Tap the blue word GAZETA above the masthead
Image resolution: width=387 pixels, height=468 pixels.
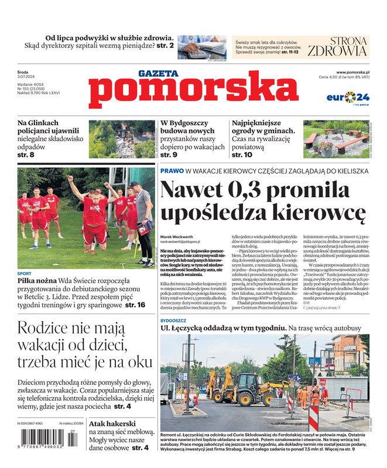[158, 74]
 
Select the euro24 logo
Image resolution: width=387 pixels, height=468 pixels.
[348, 97]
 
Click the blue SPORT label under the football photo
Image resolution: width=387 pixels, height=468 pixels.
[25, 274]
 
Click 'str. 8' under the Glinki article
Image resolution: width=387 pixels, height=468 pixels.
[26, 154]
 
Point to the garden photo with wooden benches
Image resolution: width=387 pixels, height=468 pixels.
[335, 139]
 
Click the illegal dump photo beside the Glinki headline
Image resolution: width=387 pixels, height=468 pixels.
[120, 139]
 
